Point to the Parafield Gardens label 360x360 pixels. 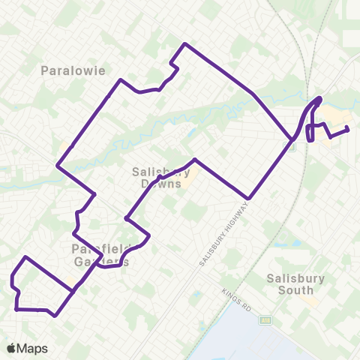click(101, 255)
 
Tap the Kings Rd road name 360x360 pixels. click(236, 299)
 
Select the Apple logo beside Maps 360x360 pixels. click(12, 347)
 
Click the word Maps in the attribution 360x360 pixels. click(33, 347)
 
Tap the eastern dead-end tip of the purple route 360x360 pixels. click(349, 129)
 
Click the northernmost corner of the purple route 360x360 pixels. click(184, 44)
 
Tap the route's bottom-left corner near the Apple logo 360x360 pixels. click(16, 308)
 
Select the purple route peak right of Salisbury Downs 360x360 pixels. click(195, 160)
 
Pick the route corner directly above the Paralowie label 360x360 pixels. click(120, 79)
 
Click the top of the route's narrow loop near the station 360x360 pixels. click(320, 98)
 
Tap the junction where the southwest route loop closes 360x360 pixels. click(73, 291)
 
